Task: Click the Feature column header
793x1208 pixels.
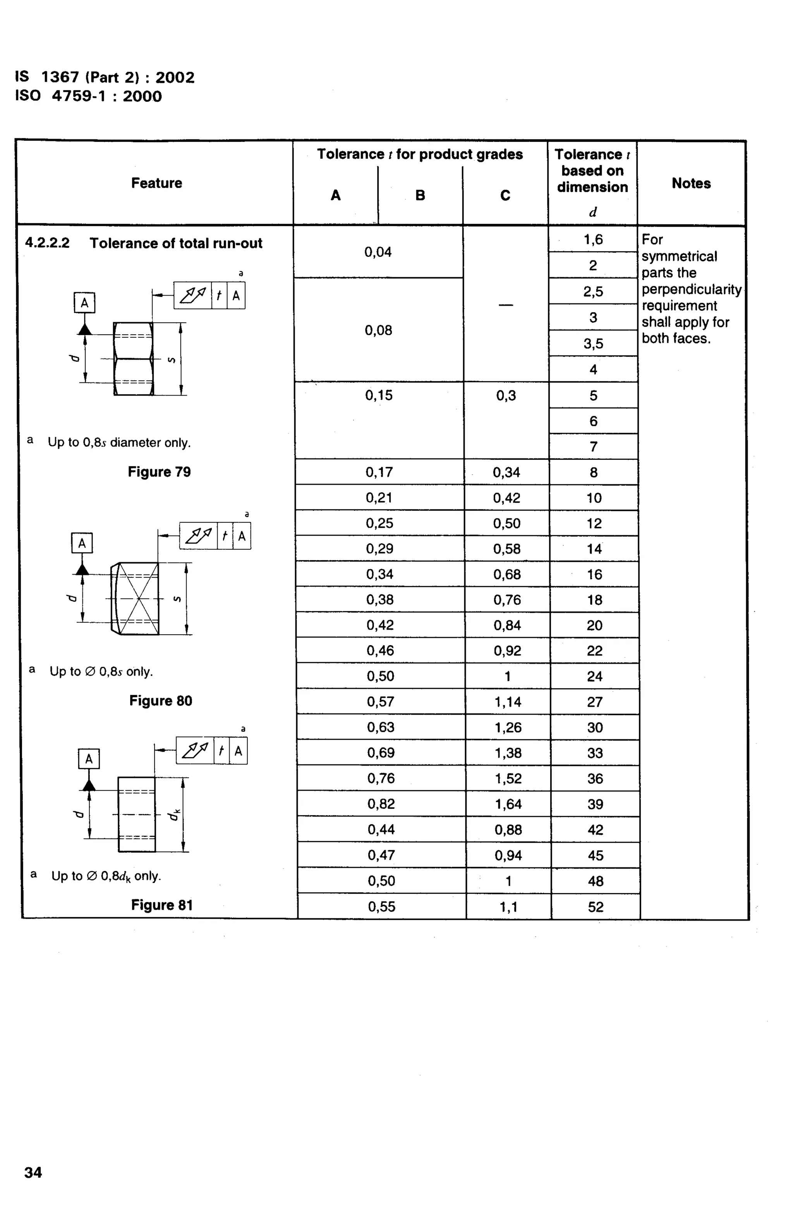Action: click(156, 183)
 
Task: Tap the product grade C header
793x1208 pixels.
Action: click(505, 195)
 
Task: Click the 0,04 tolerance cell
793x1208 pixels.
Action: click(378, 252)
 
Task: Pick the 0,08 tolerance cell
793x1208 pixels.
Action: click(378, 330)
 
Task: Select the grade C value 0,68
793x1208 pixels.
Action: click(507, 574)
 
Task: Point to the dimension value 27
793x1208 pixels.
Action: click(595, 702)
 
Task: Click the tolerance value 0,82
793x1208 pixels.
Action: click(381, 804)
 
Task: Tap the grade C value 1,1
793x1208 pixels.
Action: click(508, 907)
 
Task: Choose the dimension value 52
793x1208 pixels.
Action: click(596, 907)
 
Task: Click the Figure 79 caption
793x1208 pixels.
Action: click(159, 471)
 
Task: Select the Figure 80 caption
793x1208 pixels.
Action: click(161, 701)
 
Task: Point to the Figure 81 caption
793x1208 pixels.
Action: click(162, 905)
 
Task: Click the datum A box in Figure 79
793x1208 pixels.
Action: click(84, 303)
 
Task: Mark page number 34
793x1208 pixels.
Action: click(33, 1172)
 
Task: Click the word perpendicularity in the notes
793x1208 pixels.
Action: click(691, 289)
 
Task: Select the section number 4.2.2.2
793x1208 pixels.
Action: click(47, 243)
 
